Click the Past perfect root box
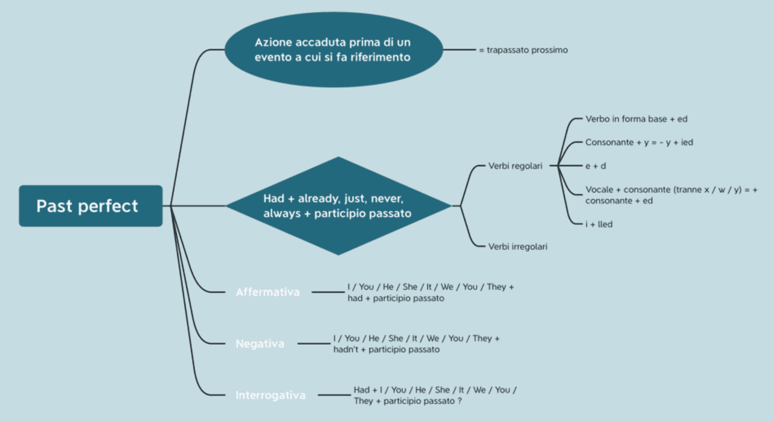pos(91,206)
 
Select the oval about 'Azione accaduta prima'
pos(333,50)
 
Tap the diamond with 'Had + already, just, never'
pos(338,206)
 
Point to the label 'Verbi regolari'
pos(515,166)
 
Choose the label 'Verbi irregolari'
pos(518,246)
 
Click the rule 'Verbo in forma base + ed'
pos(636,119)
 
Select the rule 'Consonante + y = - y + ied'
pos(639,143)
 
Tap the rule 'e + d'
pos(595,166)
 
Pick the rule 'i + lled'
pos(599,224)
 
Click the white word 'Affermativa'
pos(268,292)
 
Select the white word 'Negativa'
pos(260,344)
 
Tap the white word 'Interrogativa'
pos(271,396)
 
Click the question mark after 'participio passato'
pos(460,401)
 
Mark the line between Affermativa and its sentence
pos(328,292)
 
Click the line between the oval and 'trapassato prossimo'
pos(460,50)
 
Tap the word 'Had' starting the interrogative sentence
pos(361,390)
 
